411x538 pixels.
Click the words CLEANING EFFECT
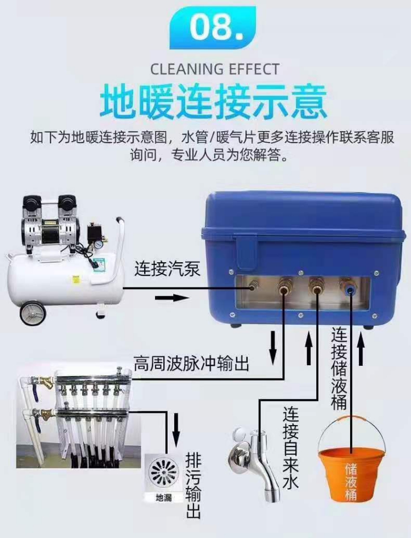tap(214, 69)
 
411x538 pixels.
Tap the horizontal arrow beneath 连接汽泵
tap(172, 298)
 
